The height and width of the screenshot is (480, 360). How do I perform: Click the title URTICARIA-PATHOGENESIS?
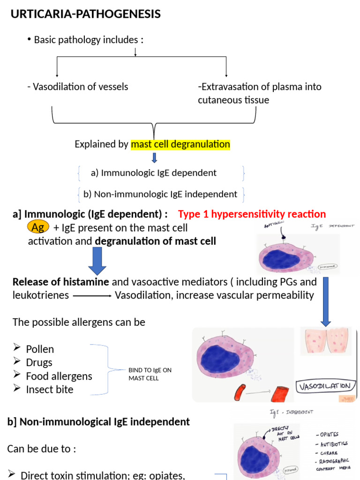pos(86,15)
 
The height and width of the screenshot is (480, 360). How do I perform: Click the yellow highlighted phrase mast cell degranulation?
pos(180,144)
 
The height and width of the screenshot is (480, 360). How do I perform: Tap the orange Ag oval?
pos(38,227)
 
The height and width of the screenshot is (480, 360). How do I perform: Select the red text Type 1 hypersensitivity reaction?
pos(252,214)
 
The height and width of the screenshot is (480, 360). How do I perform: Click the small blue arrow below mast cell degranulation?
pos(154,158)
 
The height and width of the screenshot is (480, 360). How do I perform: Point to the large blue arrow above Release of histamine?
pos(97,261)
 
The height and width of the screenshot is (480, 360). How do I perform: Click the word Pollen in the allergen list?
pos(40,349)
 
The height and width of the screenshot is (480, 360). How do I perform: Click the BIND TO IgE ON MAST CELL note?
pos(150,374)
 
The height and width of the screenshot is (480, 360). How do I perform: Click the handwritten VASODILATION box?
pos(324,386)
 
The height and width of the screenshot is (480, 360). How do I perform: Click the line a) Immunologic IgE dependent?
pos(154,173)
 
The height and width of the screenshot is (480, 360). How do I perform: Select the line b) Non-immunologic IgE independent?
pos(160,194)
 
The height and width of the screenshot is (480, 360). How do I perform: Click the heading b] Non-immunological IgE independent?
pos(98,422)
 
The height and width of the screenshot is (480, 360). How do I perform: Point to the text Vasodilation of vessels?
pos(78,87)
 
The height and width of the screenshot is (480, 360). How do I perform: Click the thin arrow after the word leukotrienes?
pos(92,296)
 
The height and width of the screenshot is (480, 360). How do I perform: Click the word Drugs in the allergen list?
pos(39,362)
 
